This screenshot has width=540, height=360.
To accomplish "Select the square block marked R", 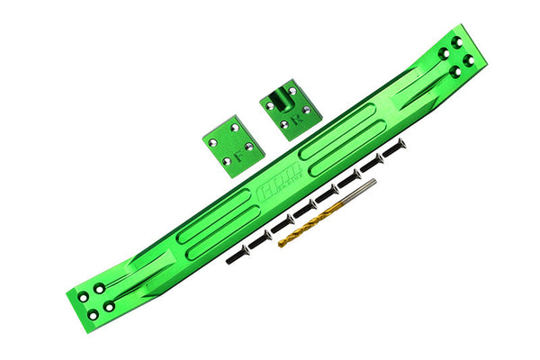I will coord(290,108).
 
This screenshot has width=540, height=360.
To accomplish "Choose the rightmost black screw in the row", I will coord(395,145).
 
